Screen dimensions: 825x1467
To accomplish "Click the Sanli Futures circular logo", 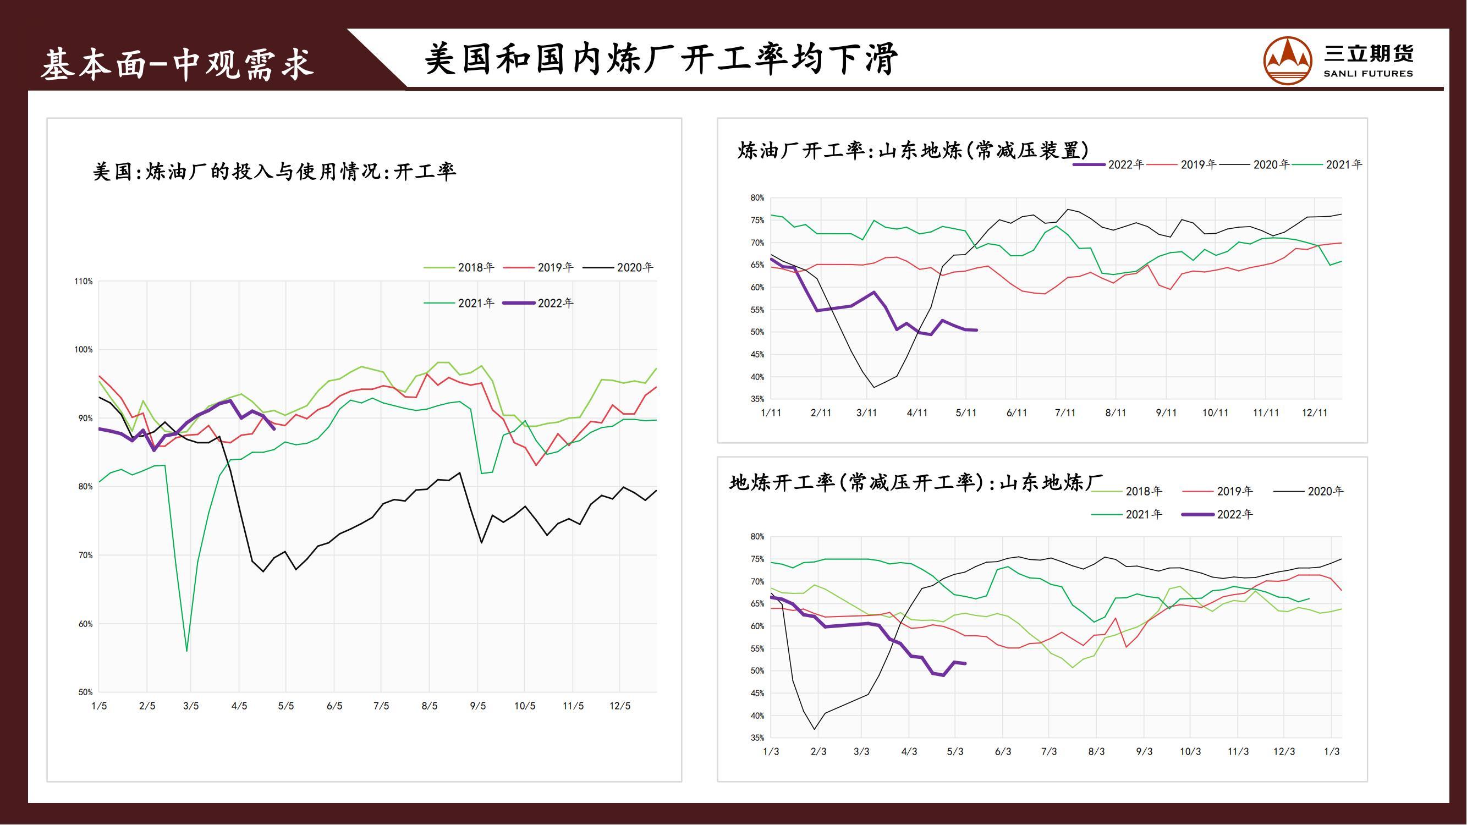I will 1288,61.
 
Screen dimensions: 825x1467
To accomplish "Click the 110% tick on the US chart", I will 83,281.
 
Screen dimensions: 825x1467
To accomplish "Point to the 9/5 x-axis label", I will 478,706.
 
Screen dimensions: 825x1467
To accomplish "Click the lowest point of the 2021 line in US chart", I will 187,650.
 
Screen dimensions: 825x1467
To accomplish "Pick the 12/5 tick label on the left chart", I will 619,706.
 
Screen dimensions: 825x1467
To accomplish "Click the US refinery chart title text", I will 274,172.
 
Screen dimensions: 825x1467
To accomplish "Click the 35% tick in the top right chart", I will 757,399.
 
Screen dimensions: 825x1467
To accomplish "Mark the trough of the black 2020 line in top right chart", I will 874,387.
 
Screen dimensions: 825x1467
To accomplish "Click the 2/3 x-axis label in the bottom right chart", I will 818,751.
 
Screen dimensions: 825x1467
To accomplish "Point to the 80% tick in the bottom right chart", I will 757,536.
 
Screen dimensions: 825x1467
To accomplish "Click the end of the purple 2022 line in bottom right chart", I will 965,663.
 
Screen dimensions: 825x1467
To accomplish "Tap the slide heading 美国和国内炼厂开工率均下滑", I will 661,59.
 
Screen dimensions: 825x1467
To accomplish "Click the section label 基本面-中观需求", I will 177,64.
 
